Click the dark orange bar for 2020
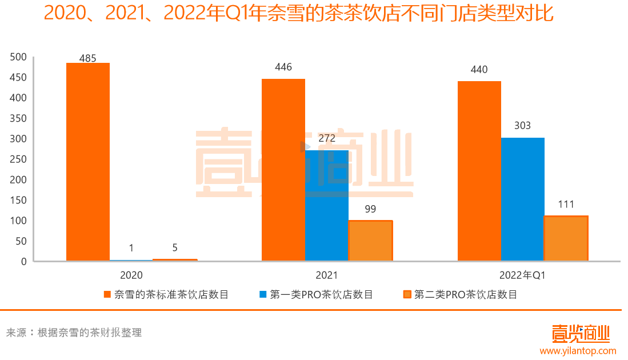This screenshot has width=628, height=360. (87, 162)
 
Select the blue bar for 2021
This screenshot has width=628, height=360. (326, 206)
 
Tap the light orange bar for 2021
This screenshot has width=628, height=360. (370, 241)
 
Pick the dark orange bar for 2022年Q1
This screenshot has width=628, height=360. (479, 171)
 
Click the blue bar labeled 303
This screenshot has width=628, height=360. (522, 199)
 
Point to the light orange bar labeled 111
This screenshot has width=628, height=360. (566, 238)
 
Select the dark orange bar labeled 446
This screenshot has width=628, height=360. (283, 170)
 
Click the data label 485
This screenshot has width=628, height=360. (87, 58)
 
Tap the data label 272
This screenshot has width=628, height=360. (327, 138)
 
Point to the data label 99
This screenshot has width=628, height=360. (370, 209)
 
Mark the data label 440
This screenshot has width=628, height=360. (479, 70)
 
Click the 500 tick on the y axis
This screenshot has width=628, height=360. (19, 57)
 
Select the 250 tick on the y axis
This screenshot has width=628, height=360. (19, 159)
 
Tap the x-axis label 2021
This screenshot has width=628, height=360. (327, 275)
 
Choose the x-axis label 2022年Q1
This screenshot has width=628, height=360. (522, 275)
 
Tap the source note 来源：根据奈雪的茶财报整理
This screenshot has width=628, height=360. (74, 333)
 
